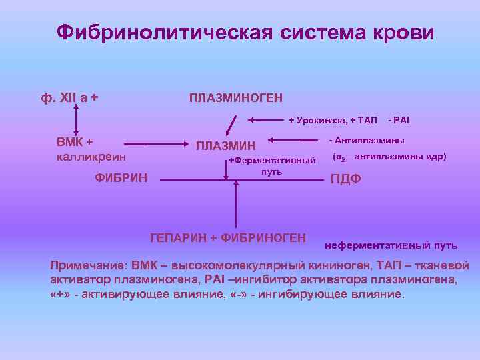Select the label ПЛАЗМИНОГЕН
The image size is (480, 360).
pyautogui.click(x=235, y=98)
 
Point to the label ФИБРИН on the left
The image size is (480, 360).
pyautogui.click(x=121, y=178)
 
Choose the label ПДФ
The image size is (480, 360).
pyautogui.click(x=346, y=179)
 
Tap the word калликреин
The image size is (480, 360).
pyautogui.click(x=90, y=157)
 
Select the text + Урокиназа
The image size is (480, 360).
pyautogui.click(x=313, y=120)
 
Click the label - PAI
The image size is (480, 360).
pyautogui.click(x=399, y=120)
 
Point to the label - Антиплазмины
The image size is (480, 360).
pyautogui.click(x=366, y=141)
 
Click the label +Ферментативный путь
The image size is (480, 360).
pyautogui.click(x=272, y=165)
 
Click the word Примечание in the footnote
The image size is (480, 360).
pyautogui.click(x=89, y=265)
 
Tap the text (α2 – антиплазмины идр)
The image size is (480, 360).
pyautogui.click(x=389, y=157)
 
